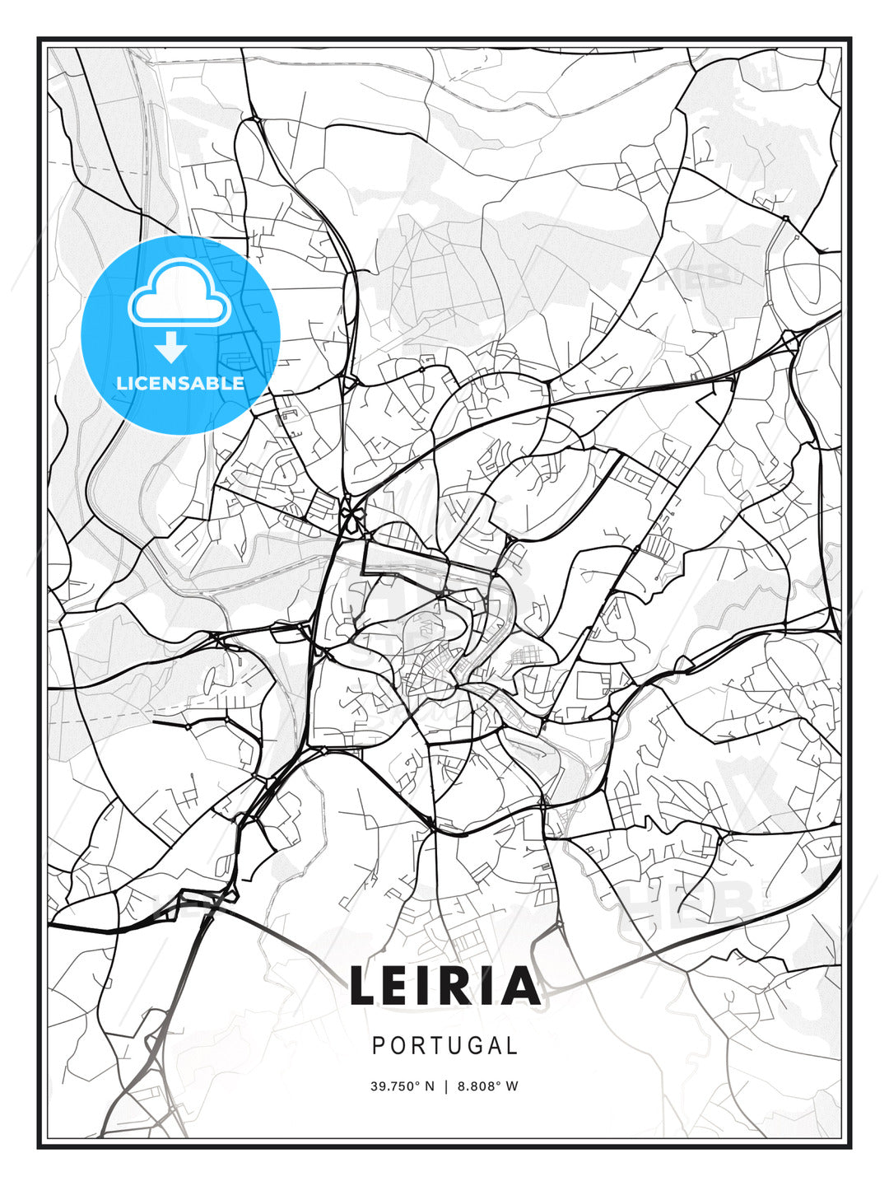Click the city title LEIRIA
coord(444,986)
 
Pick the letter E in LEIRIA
coord(403,986)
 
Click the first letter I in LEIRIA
coord(428,986)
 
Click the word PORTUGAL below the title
coord(444,1046)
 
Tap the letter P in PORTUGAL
coord(379,1046)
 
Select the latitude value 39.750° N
coord(402,1086)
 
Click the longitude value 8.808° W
coord(488,1086)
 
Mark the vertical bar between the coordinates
coord(445,1086)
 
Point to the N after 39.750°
coord(429,1086)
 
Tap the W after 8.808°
coord(512,1086)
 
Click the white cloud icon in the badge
coord(178,295)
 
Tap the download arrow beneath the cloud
coord(171,348)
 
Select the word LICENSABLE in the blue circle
coord(180,383)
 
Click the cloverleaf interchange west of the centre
coord(352,517)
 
